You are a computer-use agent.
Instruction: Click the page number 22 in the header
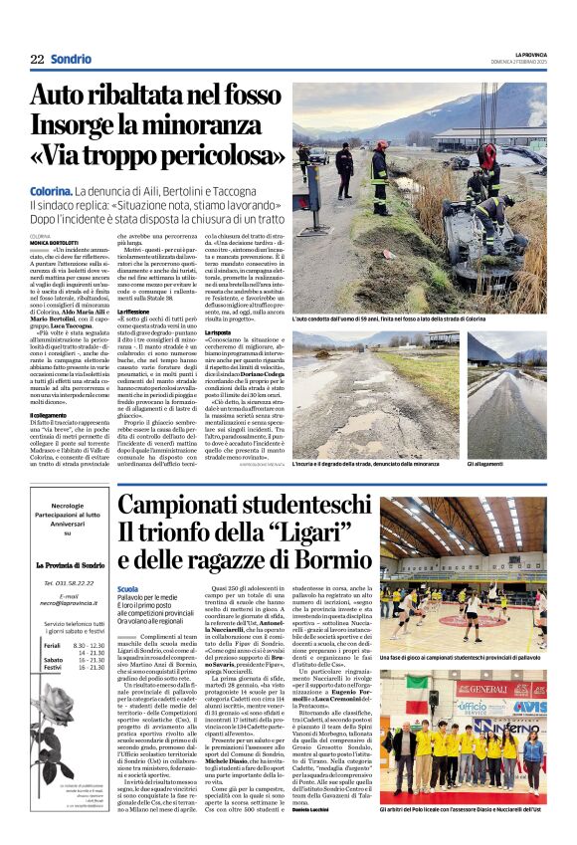pyautogui.click(x=37, y=59)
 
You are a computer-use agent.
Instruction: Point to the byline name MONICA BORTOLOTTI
pyautogui.click(x=52, y=242)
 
